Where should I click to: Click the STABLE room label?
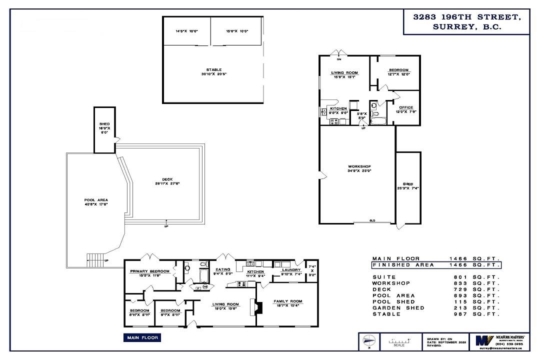tap(213, 70)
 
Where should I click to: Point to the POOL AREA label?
tap(96, 200)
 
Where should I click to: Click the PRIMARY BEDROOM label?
tap(149, 271)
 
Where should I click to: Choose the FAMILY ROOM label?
tap(288, 301)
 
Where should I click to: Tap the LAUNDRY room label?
tap(290, 269)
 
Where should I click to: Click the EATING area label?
tap(223, 269)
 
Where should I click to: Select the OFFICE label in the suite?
tap(406, 107)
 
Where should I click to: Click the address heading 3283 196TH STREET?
tap(466, 17)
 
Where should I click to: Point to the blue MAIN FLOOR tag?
tap(142, 338)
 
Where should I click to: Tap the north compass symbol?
tap(367, 341)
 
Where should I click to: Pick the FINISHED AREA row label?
tap(403, 265)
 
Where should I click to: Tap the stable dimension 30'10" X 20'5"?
tap(213, 75)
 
